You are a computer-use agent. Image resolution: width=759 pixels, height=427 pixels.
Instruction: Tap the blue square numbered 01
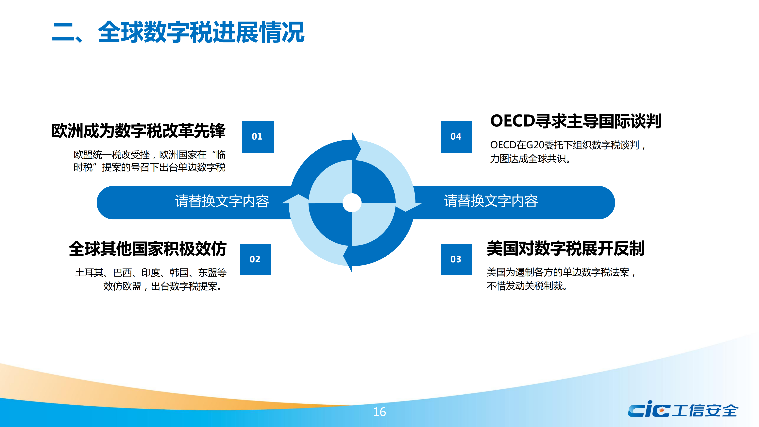(258, 136)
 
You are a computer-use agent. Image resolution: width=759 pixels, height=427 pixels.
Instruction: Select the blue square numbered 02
(255, 259)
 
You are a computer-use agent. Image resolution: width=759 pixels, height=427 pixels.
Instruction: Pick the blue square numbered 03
(456, 259)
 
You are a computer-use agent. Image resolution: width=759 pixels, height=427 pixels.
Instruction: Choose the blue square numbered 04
(456, 136)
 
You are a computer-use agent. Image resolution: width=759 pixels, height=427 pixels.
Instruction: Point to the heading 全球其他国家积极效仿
(148, 249)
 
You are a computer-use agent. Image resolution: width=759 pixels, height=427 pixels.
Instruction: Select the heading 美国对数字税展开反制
(566, 248)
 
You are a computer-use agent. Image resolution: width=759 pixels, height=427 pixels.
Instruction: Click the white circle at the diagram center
(352, 203)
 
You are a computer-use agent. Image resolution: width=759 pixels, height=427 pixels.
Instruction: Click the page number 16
(379, 412)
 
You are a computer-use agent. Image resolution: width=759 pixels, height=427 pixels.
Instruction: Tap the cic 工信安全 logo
(683, 409)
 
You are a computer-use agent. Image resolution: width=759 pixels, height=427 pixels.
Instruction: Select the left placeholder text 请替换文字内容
(222, 201)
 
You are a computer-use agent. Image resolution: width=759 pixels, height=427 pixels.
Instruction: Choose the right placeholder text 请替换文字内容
(491, 201)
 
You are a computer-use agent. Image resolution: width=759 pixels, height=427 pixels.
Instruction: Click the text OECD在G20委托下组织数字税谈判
(565, 145)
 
